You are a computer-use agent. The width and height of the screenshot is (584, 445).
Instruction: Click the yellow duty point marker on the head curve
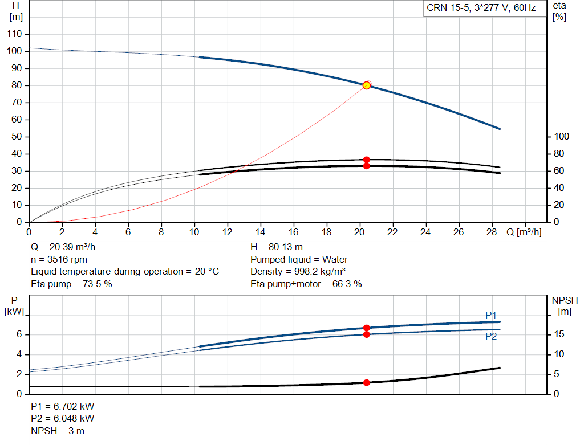(x=367, y=85)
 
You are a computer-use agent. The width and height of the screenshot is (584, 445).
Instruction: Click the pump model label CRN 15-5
(x=481, y=8)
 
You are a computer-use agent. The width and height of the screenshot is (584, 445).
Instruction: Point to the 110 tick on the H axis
(x=14, y=34)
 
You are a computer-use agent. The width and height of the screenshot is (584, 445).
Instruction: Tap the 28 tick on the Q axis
(x=492, y=232)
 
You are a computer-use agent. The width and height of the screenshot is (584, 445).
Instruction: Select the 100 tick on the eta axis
(x=561, y=137)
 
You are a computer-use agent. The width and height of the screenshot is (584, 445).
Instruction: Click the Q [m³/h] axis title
(x=524, y=232)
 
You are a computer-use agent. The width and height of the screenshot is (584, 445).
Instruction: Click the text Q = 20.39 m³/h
(x=63, y=248)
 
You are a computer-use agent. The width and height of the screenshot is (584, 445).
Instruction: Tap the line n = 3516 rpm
(x=59, y=260)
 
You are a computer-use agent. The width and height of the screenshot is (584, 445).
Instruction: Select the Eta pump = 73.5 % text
(x=71, y=284)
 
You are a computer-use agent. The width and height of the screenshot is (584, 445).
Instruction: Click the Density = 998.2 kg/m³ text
(x=298, y=272)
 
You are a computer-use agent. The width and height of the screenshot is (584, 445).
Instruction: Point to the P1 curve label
(x=491, y=315)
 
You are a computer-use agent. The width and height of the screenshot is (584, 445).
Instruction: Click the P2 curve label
(x=491, y=336)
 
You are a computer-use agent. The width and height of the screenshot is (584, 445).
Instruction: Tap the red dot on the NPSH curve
(x=367, y=382)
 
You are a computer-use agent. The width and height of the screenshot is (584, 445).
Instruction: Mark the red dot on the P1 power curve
(x=367, y=328)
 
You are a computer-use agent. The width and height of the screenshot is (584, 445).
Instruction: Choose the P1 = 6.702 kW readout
(x=63, y=407)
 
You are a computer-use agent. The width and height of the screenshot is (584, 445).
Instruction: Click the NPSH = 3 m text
(x=58, y=431)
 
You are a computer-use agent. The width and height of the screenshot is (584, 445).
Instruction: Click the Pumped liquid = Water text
(x=299, y=260)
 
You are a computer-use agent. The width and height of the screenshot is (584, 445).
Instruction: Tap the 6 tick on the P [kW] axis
(x=19, y=334)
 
